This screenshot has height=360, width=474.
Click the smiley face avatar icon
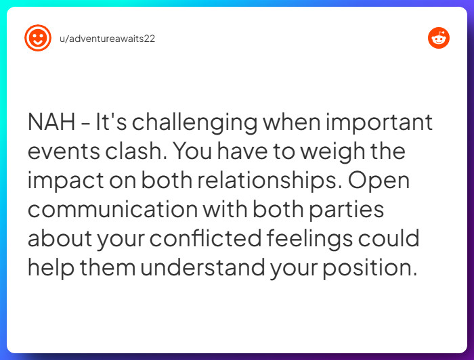click(x=38, y=38)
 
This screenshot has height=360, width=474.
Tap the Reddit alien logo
click(x=439, y=38)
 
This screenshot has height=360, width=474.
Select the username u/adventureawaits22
click(x=107, y=39)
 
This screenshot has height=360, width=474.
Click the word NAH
click(x=51, y=122)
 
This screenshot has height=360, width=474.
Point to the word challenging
click(x=195, y=123)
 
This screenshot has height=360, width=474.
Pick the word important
click(x=379, y=122)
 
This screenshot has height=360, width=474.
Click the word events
click(x=64, y=152)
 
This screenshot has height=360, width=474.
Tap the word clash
click(x=135, y=150)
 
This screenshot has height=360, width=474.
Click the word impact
click(x=66, y=181)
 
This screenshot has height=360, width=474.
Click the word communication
click(x=113, y=209)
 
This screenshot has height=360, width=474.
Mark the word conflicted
click(x=206, y=238)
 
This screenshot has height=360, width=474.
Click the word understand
click(x=202, y=267)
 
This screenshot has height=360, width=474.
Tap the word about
click(x=60, y=238)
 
